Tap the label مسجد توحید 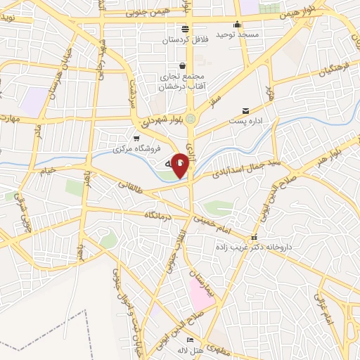coord(238,34)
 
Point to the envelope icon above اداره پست coord(245,110)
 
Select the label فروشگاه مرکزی coord(137,149)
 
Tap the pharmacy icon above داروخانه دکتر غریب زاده coord(255,237)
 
